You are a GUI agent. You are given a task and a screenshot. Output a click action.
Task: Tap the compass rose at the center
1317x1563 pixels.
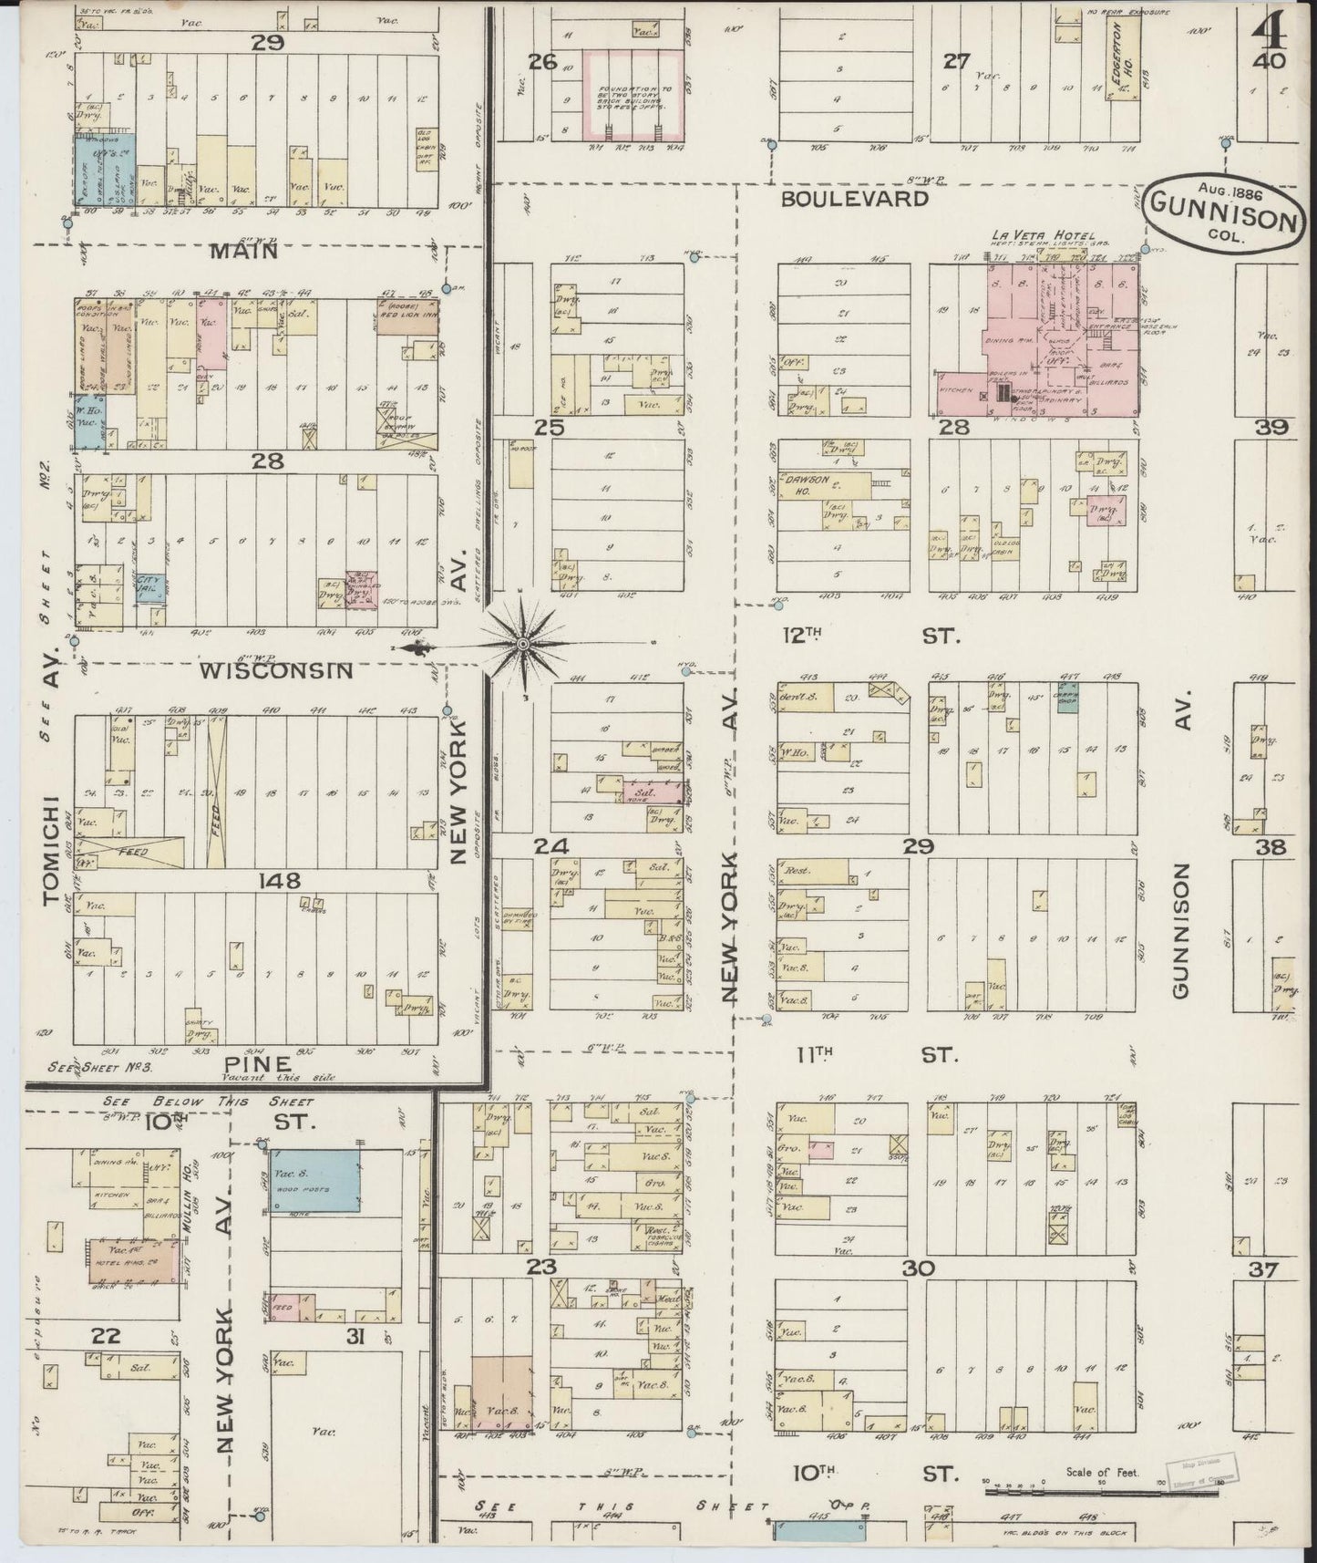522,645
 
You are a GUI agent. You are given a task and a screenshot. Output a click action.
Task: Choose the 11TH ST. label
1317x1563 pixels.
875,1055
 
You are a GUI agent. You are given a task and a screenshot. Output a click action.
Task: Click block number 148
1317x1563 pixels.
279,880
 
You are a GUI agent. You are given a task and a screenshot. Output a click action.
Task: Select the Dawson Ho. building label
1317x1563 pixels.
800,484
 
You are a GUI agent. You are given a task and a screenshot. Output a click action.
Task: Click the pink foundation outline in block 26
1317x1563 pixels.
633,93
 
